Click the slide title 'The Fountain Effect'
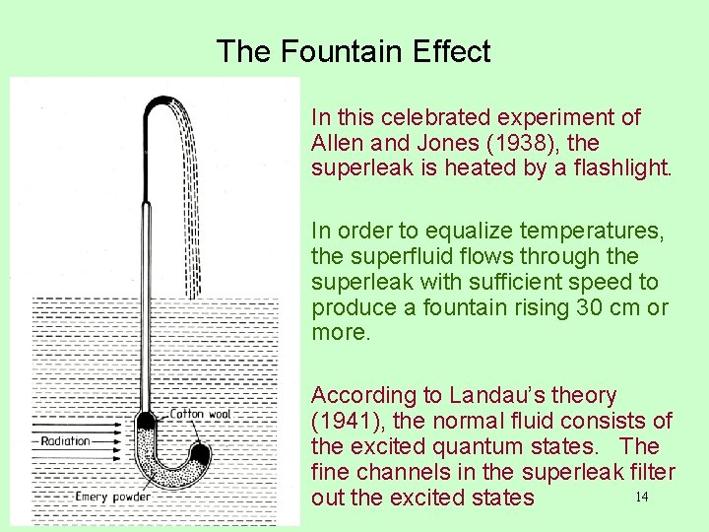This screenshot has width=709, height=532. (353, 51)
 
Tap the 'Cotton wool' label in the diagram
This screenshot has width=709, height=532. (201, 414)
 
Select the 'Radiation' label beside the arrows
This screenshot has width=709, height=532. (65, 441)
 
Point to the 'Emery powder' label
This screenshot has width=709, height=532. (114, 497)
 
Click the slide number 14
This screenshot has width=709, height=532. (641, 497)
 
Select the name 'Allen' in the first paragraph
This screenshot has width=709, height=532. (334, 143)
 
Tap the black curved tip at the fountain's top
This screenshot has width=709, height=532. (158, 103)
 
